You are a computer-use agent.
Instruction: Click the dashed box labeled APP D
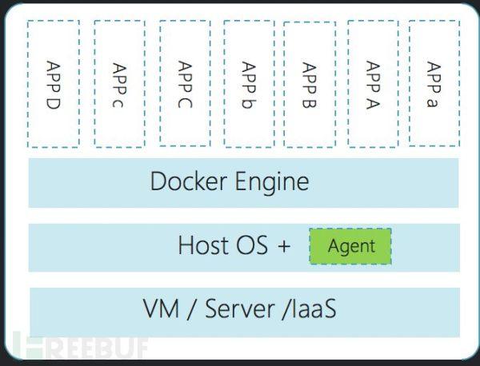(53, 83)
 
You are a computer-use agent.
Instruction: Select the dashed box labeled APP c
(119, 83)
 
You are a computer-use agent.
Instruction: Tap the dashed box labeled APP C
(185, 83)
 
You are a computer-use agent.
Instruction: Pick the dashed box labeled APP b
(248, 83)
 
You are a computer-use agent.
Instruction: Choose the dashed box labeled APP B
(310, 83)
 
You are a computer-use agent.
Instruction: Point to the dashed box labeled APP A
(372, 83)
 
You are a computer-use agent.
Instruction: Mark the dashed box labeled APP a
(434, 83)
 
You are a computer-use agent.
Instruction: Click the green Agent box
(350, 247)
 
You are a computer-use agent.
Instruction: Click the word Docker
(189, 182)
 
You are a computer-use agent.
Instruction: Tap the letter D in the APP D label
(53, 104)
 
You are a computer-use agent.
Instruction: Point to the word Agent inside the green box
(351, 247)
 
